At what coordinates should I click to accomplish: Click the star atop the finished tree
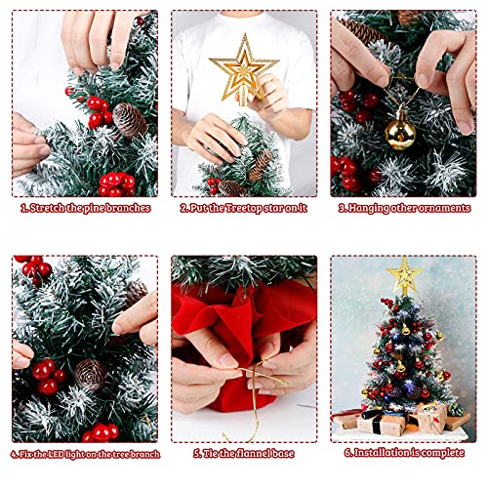[404, 275]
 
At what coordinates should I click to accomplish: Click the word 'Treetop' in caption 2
[248, 208]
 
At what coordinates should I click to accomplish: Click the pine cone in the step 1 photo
[130, 120]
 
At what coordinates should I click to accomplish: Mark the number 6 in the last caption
[347, 453]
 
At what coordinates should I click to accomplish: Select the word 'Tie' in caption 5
[210, 453]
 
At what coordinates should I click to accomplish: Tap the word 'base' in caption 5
[283, 453]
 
